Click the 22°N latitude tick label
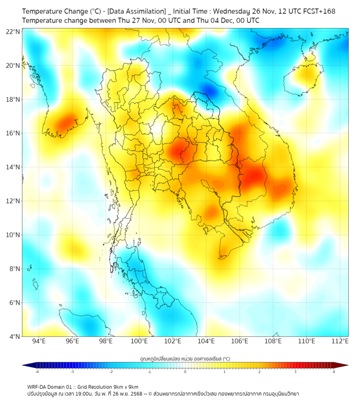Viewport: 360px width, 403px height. [x=13, y=31]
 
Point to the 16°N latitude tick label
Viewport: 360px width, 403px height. [x=13, y=133]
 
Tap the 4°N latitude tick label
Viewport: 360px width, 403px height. [x=14, y=336]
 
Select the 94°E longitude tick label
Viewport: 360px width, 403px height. [x=39, y=341]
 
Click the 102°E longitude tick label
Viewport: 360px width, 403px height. [x=173, y=341]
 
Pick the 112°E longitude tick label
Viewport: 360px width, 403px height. [x=340, y=341]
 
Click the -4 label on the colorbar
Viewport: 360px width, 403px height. [x=36, y=372]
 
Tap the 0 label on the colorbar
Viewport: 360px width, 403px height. [x=185, y=372]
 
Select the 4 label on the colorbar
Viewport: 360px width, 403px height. [x=334, y=372]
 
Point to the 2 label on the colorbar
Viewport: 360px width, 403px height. [x=260, y=372]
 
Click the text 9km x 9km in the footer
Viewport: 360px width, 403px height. [x=125, y=386]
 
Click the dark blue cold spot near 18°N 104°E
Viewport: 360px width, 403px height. [x=209, y=91]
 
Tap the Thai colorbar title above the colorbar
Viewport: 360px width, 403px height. [x=185, y=359]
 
